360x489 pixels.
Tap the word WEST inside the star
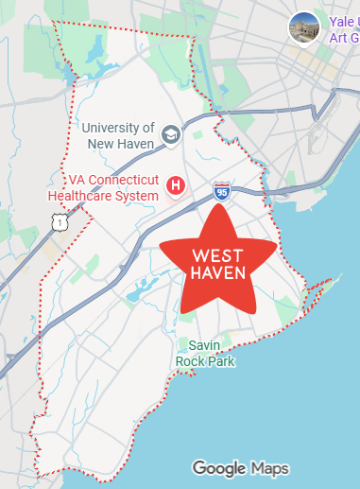point(218,256)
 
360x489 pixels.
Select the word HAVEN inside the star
point(218,273)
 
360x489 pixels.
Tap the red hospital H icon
point(174,183)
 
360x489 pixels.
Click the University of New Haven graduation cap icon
point(171,134)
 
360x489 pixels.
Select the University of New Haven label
point(117,135)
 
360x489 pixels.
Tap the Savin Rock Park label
point(204,353)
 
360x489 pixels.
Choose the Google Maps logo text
point(240,468)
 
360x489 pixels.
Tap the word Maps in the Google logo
point(269,468)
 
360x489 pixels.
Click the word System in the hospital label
point(134,195)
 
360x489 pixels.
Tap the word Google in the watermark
point(219,468)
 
